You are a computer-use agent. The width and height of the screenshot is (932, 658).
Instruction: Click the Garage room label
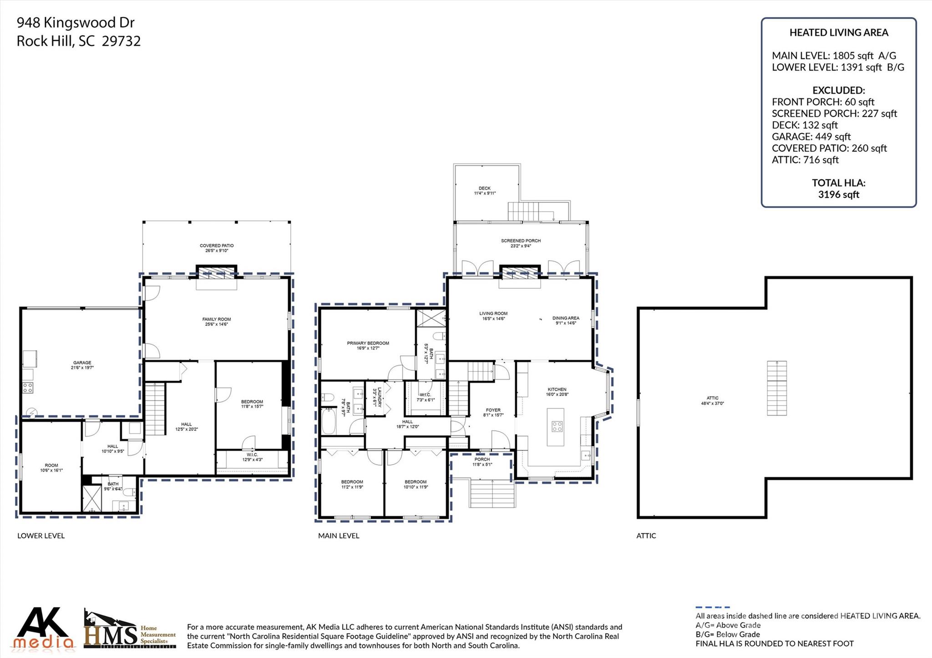[x=82, y=363]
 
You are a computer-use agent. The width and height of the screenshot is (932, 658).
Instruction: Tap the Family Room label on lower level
[x=217, y=319]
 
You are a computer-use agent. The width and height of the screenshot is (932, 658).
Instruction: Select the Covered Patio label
[x=217, y=246]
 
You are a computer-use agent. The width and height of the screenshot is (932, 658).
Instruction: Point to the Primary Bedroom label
[x=368, y=343]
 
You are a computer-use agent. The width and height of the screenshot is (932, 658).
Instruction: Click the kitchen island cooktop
[x=557, y=427]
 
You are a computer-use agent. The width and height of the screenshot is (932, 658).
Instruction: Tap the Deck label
[x=485, y=188]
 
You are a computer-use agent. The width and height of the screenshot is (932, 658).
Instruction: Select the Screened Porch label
[x=521, y=241]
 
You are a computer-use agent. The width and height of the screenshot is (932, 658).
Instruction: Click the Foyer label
[x=493, y=410]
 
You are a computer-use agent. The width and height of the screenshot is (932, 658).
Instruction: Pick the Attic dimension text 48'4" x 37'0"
[x=713, y=403]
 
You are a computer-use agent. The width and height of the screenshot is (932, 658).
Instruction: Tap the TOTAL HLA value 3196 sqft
[x=838, y=195]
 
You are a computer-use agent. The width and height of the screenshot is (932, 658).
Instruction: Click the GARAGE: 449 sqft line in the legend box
[x=811, y=136]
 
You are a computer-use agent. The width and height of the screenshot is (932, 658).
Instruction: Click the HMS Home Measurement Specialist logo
[x=130, y=629]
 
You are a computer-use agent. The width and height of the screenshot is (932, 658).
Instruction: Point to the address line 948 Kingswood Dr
[x=76, y=22]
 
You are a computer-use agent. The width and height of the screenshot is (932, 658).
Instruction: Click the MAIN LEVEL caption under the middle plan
[x=339, y=536]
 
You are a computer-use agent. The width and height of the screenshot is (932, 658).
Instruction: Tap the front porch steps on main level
[x=492, y=494]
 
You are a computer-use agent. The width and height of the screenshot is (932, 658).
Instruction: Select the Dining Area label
[x=566, y=318]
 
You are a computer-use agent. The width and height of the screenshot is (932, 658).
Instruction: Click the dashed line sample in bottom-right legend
[x=712, y=607]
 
